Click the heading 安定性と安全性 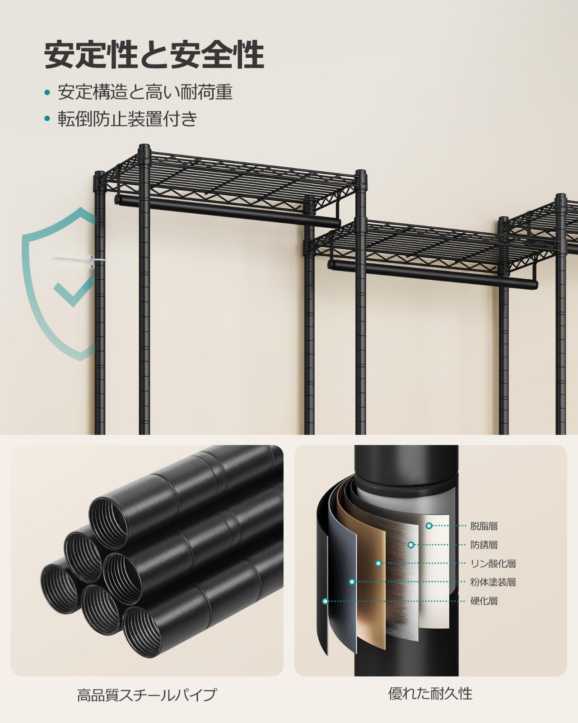(154, 55)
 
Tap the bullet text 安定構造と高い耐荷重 (145, 92)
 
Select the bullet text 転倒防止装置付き (128, 118)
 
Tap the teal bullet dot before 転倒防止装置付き (47, 119)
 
